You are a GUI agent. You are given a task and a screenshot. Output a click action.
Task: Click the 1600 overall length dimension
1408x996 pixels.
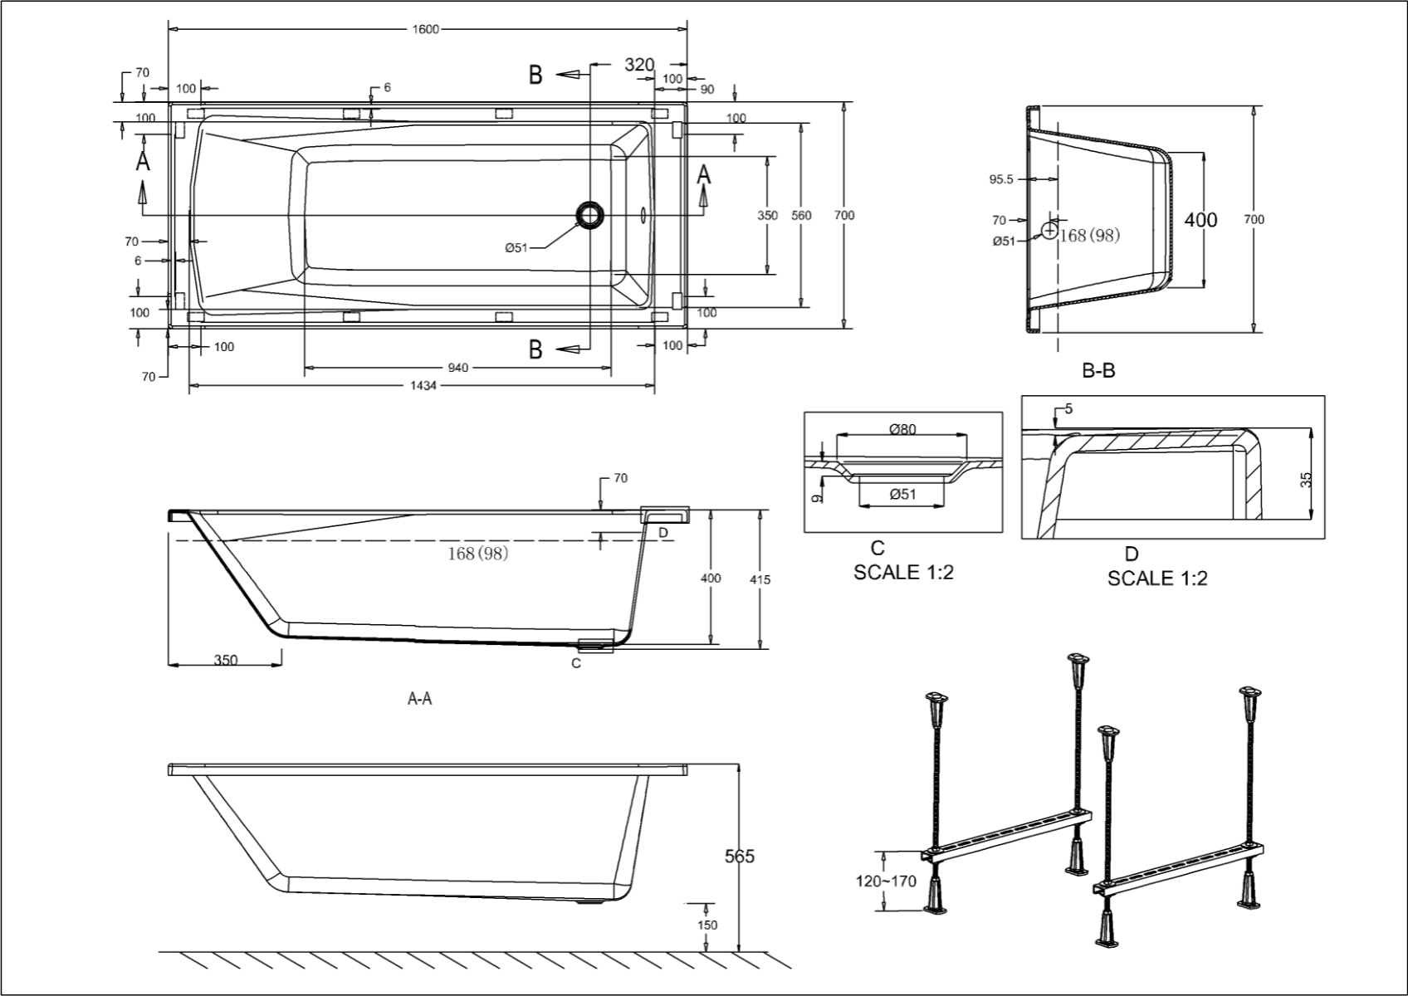(428, 30)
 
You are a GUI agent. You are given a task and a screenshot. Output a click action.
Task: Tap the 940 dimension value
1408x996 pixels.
(458, 368)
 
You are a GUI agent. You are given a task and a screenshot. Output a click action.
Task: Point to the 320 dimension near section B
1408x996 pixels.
(639, 65)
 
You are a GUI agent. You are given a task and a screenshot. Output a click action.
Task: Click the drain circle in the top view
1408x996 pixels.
(590, 215)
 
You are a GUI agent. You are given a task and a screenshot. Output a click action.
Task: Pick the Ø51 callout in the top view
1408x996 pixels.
(517, 247)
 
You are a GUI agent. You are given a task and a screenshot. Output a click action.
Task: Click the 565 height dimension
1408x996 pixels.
(739, 856)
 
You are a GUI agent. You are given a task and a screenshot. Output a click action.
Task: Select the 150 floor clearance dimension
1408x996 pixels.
(708, 925)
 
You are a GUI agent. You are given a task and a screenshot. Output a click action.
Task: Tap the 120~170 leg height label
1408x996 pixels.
(887, 881)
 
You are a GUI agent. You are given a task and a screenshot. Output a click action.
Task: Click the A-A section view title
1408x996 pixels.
(419, 699)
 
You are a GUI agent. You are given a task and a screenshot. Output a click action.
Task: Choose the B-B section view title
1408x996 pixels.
(1098, 371)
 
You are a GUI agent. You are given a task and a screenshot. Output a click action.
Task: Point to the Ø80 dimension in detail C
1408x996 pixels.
(902, 429)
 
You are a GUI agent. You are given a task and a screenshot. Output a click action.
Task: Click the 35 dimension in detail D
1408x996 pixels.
(1305, 479)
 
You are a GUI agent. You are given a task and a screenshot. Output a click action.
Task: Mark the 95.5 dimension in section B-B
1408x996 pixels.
(1001, 178)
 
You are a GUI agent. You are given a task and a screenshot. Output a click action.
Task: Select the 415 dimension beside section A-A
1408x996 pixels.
(760, 579)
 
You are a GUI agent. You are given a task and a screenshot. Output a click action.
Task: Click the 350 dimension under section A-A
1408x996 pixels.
(226, 661)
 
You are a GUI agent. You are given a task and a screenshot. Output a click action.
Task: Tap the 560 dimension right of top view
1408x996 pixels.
(801, 215)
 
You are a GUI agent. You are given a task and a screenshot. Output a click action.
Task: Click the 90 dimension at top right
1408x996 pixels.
(707, 90)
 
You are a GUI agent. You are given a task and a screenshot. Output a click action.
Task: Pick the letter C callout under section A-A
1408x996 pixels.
(576, 663)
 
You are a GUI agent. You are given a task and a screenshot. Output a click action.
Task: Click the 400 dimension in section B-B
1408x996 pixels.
(1200, 219)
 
